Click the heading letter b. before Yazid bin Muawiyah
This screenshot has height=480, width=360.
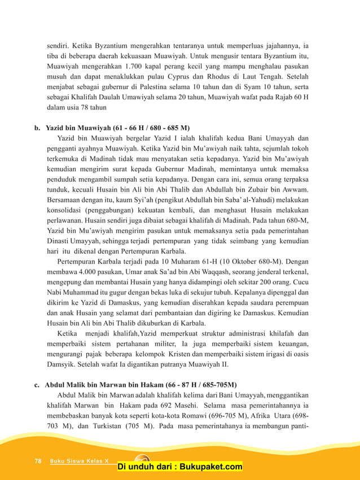37,128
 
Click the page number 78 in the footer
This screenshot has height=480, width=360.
38,461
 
